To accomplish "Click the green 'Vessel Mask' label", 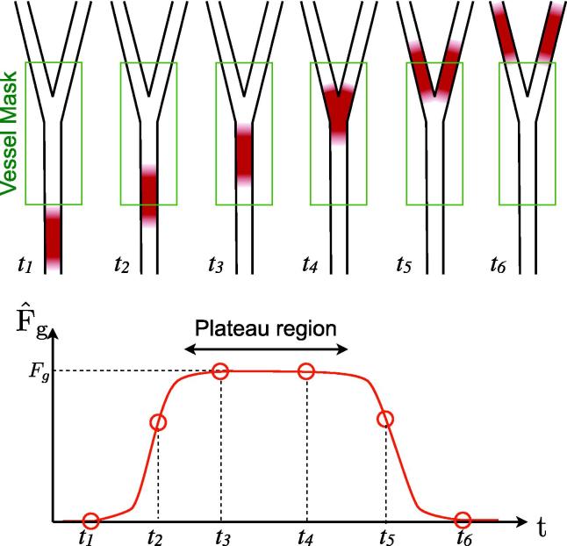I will pos(10,132).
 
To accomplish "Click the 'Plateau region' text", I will pos(267,329).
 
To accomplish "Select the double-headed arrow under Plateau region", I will pos(267,349).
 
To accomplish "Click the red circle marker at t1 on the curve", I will pos(90,521).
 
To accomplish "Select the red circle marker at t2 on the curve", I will pos(158,423).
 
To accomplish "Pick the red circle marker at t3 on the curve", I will pos(221,372).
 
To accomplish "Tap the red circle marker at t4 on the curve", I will pos(306,372).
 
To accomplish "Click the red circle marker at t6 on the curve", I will pos(463,520).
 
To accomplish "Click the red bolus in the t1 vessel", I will pos(54,235).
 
